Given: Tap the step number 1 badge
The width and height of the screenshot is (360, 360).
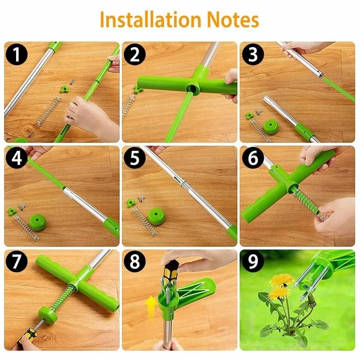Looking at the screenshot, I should [16, 55].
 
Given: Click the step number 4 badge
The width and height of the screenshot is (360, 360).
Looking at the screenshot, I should [16, 159].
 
